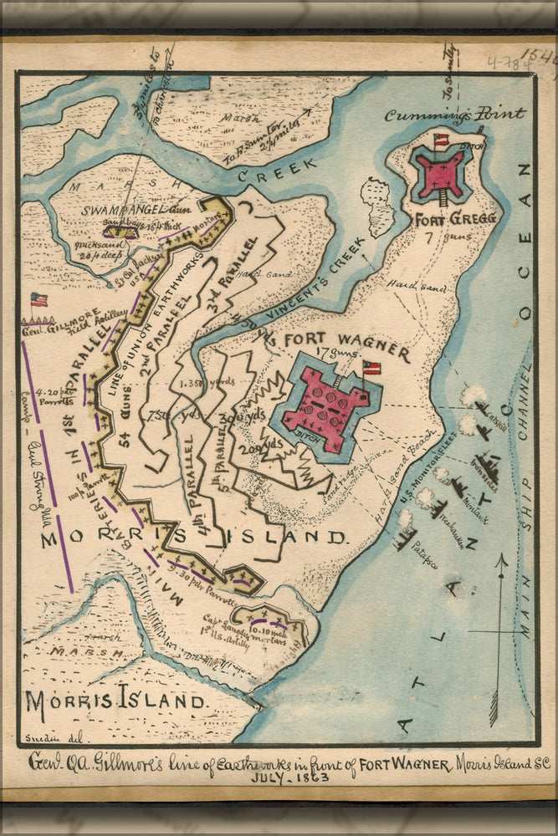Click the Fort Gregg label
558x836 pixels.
pyautogui.click(x=456, y=218)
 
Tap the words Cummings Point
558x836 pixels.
pyautogui.click(x=456, y=115)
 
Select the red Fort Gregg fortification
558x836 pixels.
pyautogui.click(x=441, y=171)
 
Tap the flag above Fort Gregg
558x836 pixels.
pyautogui.click(x=441, y=141)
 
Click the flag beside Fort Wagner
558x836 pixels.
pyautogui.click(x=371, y=368)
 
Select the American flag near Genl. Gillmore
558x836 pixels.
pyautogui.click(x=38, y=299)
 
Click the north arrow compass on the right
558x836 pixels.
pyautogui.click(x=499, y=627)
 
